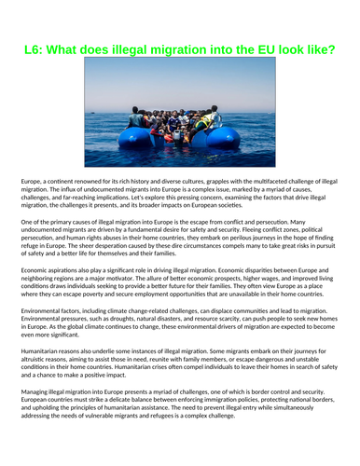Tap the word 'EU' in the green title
[246, 48]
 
